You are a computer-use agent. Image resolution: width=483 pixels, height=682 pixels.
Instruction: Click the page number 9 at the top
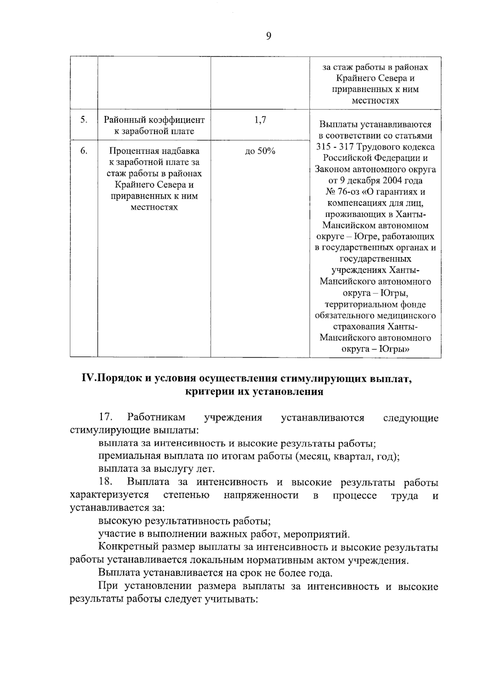269,37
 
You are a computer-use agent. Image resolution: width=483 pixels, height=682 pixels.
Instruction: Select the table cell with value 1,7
260,120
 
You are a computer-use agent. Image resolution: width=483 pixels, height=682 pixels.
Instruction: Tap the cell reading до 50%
260,151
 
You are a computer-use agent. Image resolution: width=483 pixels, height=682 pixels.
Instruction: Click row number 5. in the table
84,120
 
